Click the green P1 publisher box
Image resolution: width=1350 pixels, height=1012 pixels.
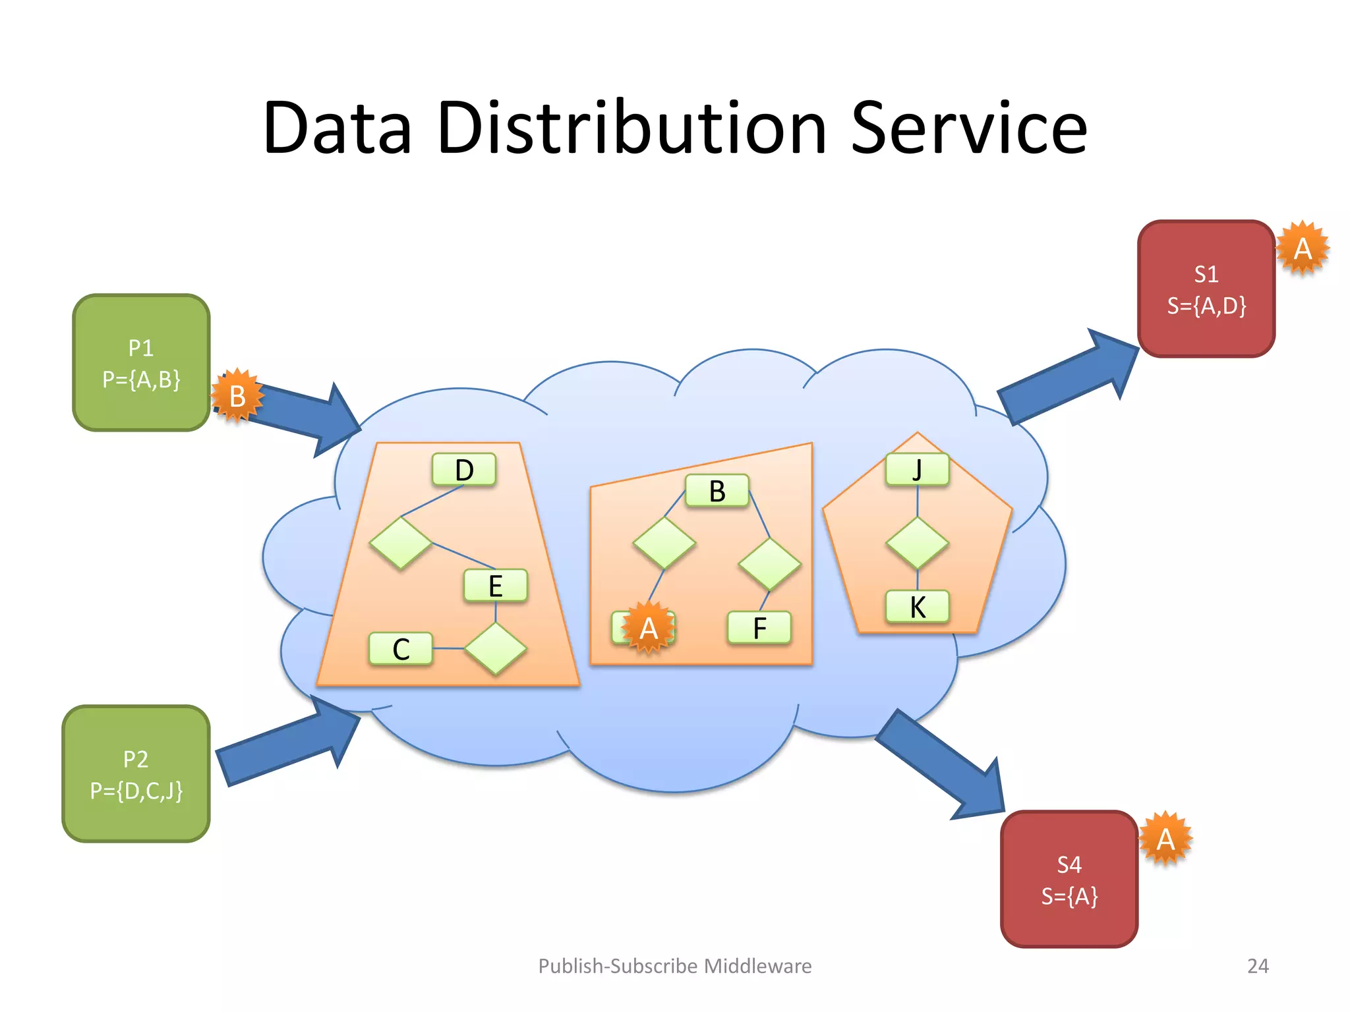click(141, 363)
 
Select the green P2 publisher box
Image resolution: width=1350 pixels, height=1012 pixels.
click(136, 774)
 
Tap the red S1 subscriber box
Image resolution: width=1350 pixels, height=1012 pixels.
click(1206, 289)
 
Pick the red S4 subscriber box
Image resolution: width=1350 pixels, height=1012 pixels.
click(1069, 880)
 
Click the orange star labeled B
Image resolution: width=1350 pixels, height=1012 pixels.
click(237, 396)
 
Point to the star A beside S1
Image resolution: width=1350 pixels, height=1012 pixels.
click(1303, 248)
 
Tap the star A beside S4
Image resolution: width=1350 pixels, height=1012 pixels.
click(1165, 839)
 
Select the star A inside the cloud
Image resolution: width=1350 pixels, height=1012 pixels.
click(649, 628)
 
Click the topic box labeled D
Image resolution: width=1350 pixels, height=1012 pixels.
click(464, 470)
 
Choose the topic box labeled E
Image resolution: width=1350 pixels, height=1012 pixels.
click(496, 586)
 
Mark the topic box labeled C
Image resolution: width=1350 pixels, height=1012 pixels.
click(401, 649)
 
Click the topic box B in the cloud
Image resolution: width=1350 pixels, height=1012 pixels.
click(717, 491)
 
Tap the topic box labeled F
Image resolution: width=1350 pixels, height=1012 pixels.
click(759, 628)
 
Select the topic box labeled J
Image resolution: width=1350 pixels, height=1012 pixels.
click(918, 470)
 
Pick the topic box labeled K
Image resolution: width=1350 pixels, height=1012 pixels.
click(918, 607)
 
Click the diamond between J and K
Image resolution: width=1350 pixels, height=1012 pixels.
click(918, 543)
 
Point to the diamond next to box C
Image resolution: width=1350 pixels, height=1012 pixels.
click(496, 649)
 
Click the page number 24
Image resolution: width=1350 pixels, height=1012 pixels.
click(1258, 966)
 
